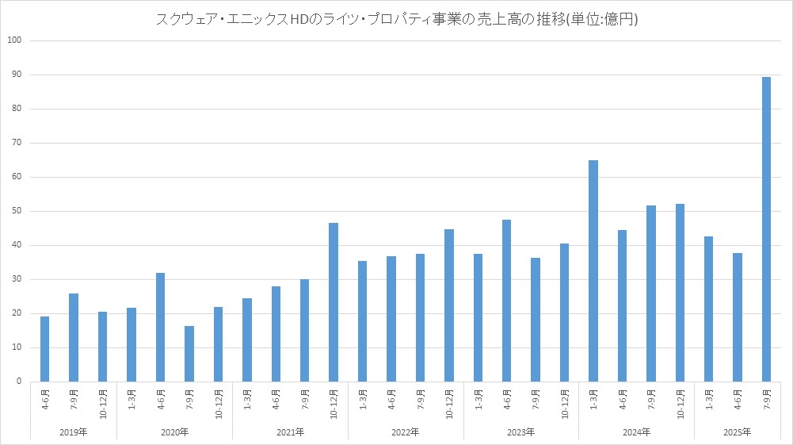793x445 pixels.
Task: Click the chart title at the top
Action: coord(396,20)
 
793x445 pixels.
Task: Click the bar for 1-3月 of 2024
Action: coord(593,270)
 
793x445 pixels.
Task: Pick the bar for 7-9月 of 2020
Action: coord(189,354)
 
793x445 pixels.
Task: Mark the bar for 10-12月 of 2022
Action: coord(449,305)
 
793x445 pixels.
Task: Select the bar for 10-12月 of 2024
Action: coord(680,293)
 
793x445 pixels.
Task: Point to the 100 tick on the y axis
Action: coord(15,40)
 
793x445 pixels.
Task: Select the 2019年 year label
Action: coord(74,432)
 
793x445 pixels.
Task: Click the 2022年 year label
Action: coord(406,432)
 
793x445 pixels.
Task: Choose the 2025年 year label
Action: coord(737,432)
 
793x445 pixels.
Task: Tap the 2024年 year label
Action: coord(636,432)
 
